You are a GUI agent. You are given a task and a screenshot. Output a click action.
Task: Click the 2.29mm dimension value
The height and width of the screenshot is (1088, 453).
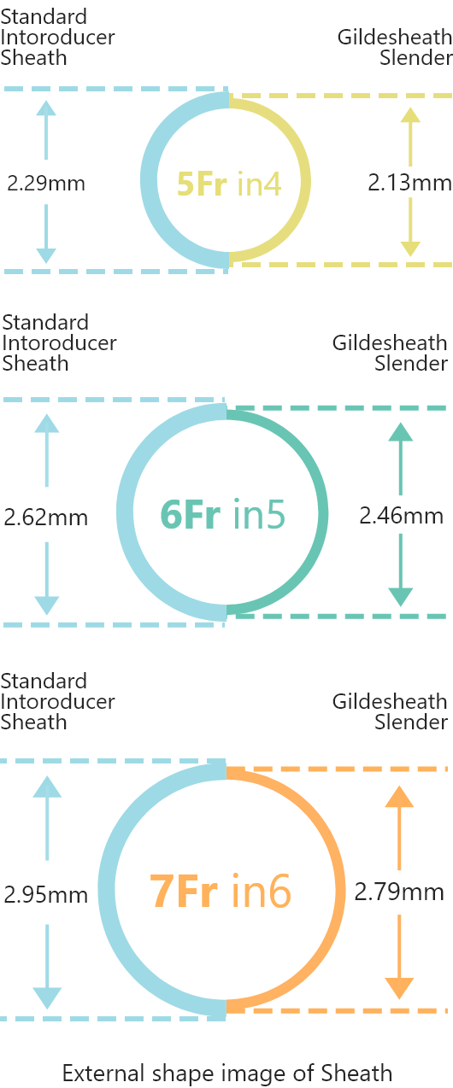[46, 183]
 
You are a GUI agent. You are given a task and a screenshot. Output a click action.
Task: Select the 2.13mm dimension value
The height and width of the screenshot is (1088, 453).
[409, 183]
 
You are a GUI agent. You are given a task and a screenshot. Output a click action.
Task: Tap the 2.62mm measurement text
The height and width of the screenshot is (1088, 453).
[46, 518]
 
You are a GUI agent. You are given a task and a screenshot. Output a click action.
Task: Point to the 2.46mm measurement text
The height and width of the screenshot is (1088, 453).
[402, 516]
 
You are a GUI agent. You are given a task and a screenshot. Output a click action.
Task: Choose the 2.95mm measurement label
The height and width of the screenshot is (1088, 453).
[46, 895]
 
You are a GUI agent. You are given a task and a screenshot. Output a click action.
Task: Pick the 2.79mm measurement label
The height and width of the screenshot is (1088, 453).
[399, 892]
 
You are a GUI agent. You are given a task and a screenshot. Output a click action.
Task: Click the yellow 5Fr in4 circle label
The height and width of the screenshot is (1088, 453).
[229, 184]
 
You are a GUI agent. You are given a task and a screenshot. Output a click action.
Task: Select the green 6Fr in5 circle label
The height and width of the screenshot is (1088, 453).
[222, 514]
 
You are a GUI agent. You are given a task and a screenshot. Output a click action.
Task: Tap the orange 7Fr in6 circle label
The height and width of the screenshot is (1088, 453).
[221, 891]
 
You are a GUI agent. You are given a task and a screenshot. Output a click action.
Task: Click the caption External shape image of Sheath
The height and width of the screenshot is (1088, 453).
[227, 1073]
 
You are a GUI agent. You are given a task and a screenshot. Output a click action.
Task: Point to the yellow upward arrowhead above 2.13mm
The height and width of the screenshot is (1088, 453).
[411, 115]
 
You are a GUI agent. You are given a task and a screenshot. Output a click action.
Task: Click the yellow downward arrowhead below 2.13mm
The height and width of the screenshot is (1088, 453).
[411, 249]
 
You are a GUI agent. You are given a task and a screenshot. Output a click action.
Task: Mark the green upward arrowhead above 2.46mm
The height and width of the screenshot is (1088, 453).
[401, 432]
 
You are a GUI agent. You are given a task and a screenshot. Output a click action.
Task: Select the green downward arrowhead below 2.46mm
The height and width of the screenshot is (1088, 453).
[401, 598]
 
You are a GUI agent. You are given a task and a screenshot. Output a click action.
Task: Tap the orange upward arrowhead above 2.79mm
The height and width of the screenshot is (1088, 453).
[399, 797]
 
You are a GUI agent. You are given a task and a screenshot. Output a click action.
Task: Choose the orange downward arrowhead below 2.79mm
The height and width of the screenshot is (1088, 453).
[399, 989]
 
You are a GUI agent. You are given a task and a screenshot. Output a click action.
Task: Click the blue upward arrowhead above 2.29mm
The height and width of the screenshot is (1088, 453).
[46, 108]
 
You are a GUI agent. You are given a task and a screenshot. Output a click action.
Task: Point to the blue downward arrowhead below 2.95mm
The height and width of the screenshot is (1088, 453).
[47, 998]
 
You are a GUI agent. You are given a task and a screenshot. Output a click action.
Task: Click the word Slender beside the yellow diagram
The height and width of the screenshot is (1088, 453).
[416, 58]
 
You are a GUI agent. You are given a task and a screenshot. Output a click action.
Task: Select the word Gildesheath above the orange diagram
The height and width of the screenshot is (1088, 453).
[390, 702]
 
